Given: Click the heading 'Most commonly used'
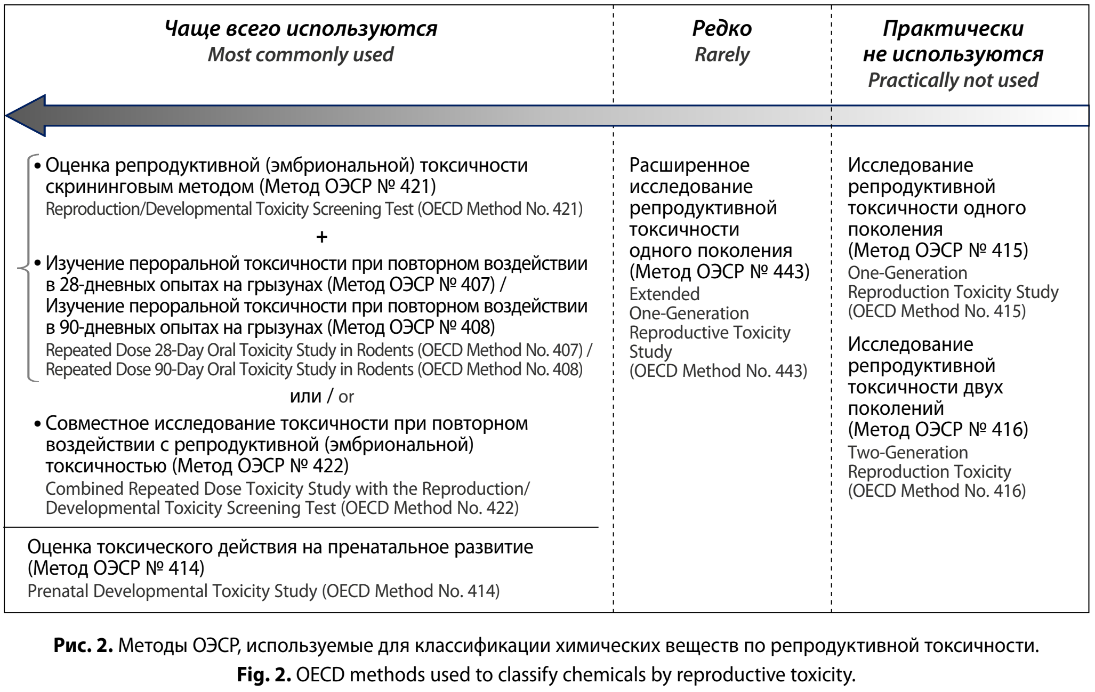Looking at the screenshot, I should tap(301, 54).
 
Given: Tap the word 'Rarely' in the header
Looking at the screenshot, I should tap(722, 54).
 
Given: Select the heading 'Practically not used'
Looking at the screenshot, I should tap(953, 80).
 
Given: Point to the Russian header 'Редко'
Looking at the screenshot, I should tap(722, 28).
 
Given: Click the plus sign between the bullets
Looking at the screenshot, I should tap(321, 237).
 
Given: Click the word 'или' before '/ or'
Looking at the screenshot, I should tap(305, 397).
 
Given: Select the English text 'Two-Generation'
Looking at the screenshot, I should tap(907, 452).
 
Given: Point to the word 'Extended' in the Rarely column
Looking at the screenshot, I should tap(664, 294).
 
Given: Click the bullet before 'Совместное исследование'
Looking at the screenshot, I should tap(37, 424).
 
